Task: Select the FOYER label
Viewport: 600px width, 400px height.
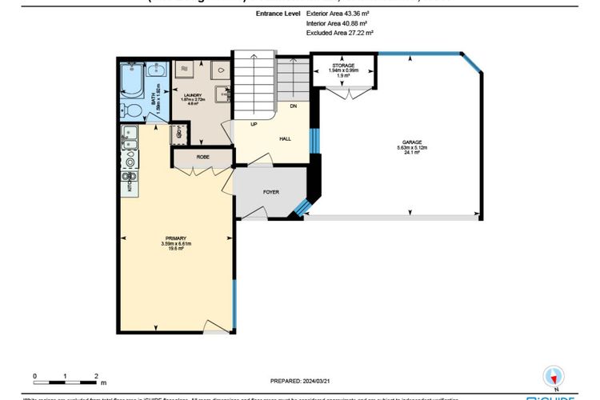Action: (x=270, y=192)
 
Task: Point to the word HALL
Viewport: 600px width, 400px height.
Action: (x=285, y=138)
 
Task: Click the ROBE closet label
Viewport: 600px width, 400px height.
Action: (x=203, y=158)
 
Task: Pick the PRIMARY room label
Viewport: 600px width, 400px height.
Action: (x=176, y=238)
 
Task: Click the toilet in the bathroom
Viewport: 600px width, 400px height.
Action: (x=133, y=109)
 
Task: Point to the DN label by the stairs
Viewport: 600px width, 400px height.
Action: (x=294, y=106)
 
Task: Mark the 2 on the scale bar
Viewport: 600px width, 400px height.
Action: (x=96, y=375)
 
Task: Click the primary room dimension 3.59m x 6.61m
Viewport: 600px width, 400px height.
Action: (x=176, y=244)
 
